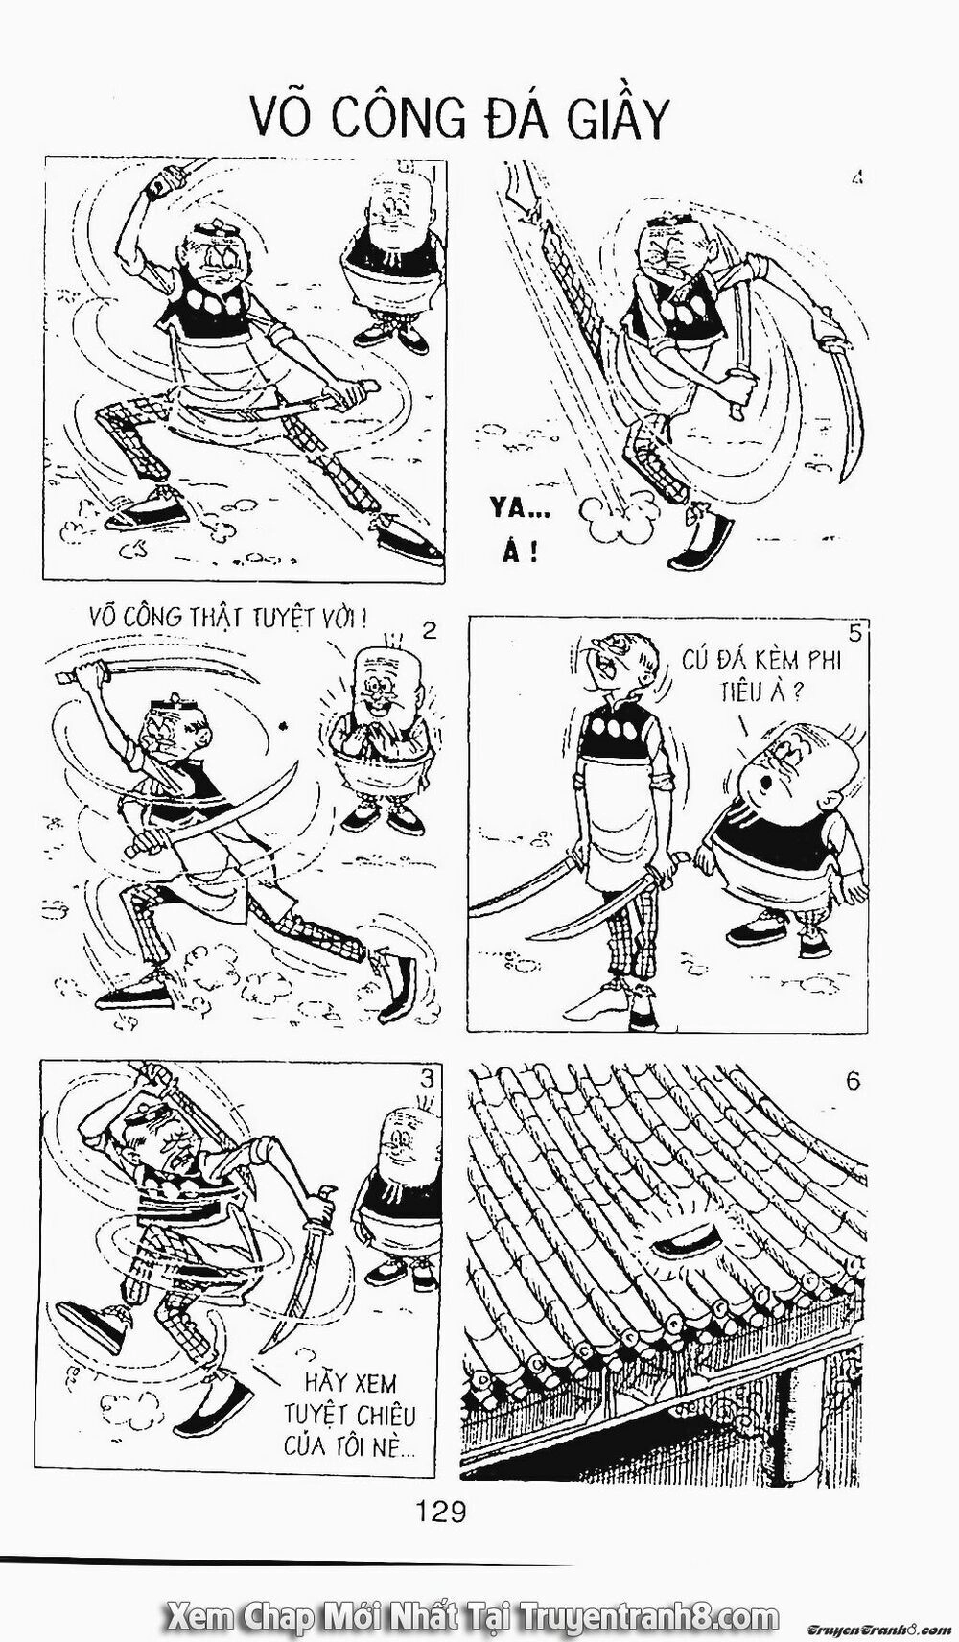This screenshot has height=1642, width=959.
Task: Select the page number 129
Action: [441, 1512]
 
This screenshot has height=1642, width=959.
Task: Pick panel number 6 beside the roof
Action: [853, 1081]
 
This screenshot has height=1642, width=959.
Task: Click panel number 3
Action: [427, 1078]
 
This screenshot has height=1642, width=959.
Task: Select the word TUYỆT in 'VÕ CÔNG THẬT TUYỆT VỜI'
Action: [284, 616]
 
